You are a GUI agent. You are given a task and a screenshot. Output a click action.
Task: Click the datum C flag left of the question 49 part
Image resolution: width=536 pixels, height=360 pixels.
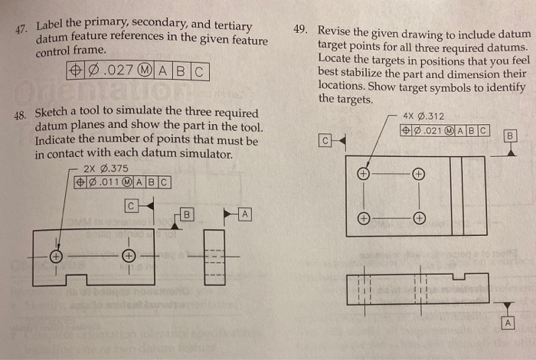[x=325, y=141]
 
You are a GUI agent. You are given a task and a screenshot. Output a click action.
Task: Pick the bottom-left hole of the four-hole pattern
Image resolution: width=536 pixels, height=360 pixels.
[x=364, y=218]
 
